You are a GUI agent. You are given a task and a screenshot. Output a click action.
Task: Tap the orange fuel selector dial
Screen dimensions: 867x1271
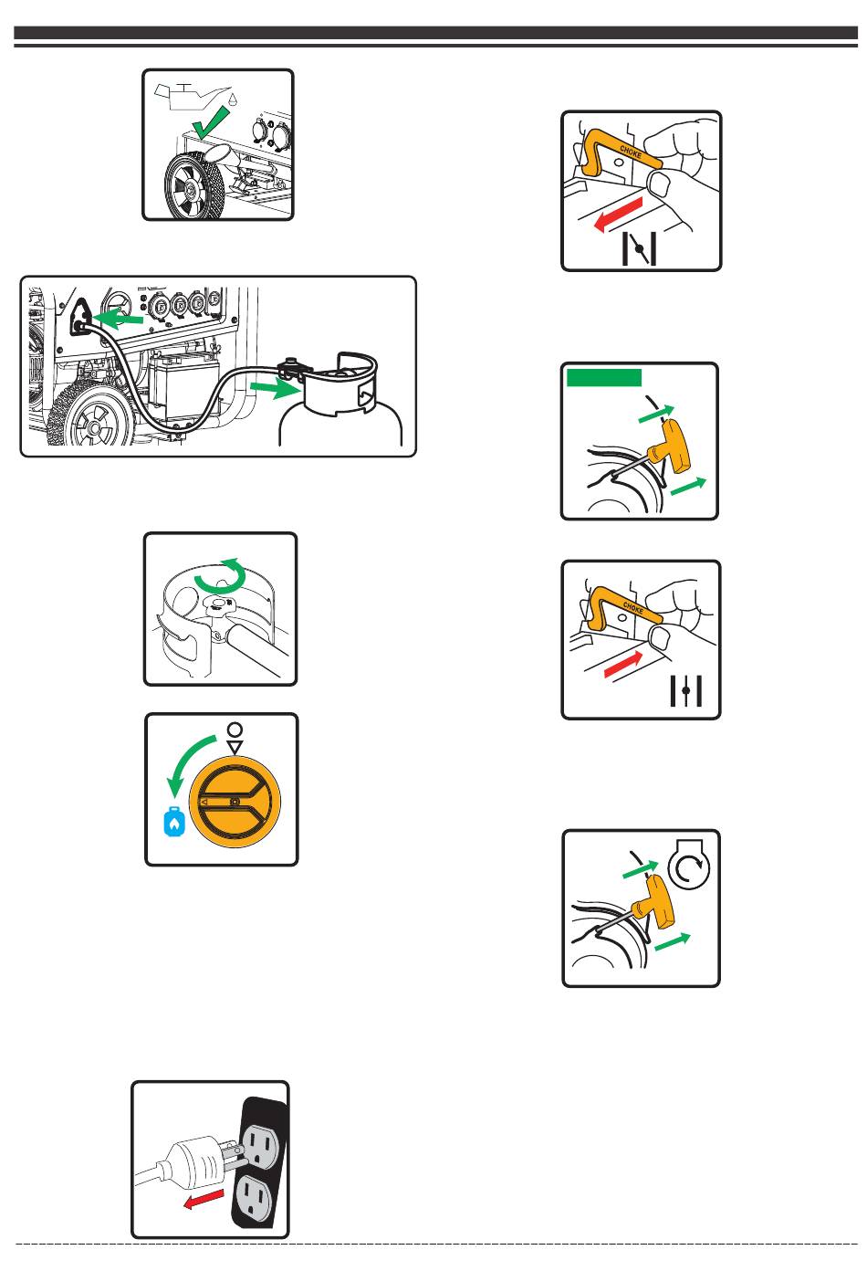tap(235, 801)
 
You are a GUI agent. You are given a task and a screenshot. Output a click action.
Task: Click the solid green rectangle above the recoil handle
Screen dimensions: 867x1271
tap(604, 377)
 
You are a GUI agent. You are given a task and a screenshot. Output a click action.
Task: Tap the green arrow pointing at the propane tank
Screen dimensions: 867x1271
tap(275, 388)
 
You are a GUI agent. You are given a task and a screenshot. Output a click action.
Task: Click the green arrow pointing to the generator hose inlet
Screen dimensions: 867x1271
tap(118, 319)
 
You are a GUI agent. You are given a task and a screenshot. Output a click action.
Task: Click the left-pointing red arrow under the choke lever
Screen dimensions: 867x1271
tap(618, 215)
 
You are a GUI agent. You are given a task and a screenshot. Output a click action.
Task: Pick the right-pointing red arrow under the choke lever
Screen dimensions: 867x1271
tap(623, 665)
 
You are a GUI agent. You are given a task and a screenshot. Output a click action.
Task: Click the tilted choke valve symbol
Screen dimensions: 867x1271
tap(639, 248)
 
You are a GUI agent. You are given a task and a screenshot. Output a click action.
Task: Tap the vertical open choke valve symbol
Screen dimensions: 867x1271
tap(686, 690)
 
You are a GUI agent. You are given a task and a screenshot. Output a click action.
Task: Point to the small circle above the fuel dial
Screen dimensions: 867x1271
tap(235, 730)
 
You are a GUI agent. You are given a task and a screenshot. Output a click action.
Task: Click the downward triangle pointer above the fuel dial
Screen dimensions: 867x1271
tap(235, 747)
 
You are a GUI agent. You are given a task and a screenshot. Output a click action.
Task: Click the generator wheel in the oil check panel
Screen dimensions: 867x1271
tap(193, 185)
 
